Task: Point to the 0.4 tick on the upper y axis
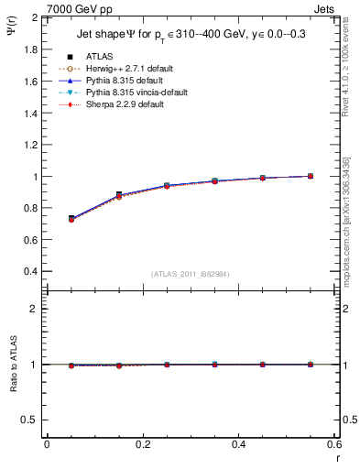pyautogui.click(x=31, y=272)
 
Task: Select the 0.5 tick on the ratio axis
pyautogui.click(x=31, y=420)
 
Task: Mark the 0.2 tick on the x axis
pyautogui.click(x=142, y=444)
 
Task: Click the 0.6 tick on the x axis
pyautogui.click(x=334, y=444)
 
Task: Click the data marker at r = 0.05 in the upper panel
pyautogui.click(x=71, y=219)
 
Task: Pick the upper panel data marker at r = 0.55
pyautogui.click(x=311, y=176)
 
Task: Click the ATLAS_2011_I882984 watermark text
pyautogui.click(x=191, y=274)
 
